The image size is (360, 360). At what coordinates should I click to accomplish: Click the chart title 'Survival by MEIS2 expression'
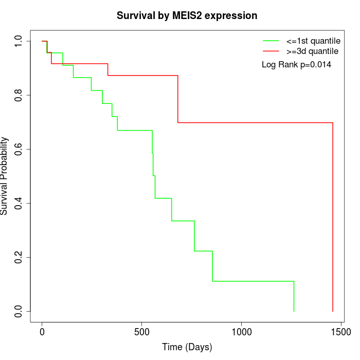tap(187, 15)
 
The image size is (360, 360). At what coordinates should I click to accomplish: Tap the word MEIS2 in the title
tap(194, 15)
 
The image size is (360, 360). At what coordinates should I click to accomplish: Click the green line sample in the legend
tap(271, 41)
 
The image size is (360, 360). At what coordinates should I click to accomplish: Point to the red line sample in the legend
tap(271, 51)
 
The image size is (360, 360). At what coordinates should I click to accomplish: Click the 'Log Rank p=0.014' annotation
tap(296, 65)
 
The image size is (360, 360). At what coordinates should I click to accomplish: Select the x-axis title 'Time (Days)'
tap(187, 347)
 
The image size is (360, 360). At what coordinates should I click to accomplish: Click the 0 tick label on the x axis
tap(42, 332)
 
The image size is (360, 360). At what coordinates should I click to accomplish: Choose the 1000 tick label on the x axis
tap(241, 332)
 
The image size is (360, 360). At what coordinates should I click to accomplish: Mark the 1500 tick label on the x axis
tap(341, 332)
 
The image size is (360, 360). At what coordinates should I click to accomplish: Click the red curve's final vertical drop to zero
tap(333, 216)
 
